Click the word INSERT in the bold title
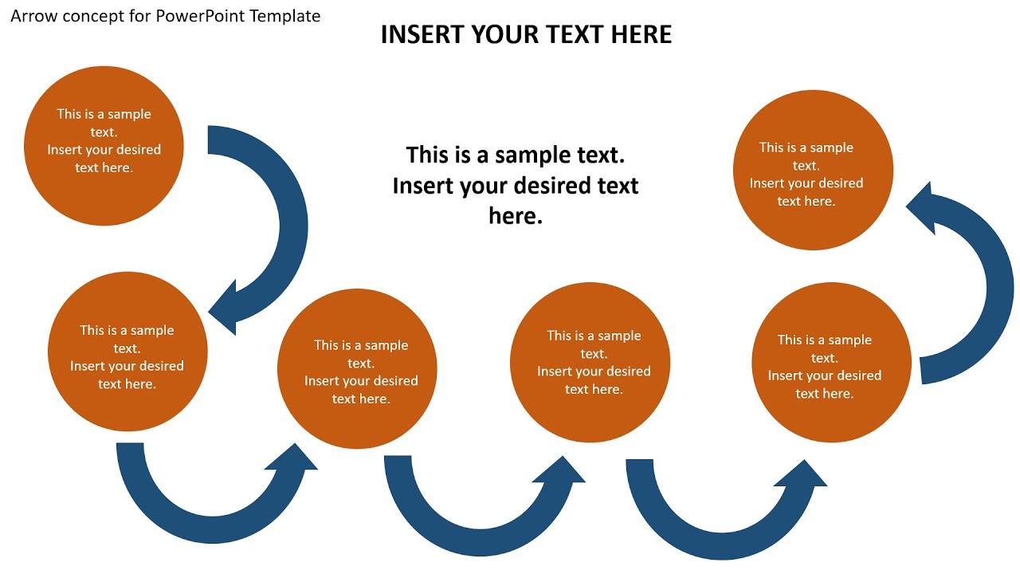point(422,34)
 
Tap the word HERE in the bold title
point(641,34)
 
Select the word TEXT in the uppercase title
point(577,34)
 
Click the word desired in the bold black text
point(551,186)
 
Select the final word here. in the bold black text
point(516,216)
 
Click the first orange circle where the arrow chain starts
point(104,146)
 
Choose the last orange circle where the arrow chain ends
point(813,170)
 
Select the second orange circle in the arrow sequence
point(127,352)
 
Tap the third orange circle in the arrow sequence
point(357,368)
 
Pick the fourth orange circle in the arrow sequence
point(590,363)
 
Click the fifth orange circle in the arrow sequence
point(831,363)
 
